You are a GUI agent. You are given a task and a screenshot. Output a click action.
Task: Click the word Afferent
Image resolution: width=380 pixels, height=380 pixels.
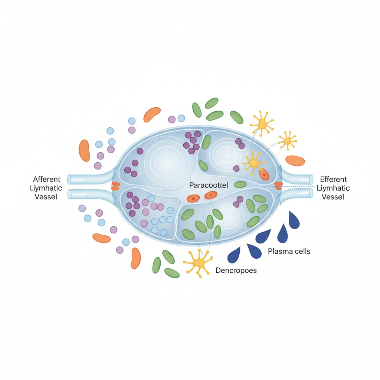[x=46, y=179]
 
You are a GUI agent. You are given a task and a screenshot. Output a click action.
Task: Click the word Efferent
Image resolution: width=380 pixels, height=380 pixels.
[x=333, y=179]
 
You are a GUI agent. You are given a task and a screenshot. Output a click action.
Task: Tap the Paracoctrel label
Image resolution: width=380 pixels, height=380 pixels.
[x=209, y=185]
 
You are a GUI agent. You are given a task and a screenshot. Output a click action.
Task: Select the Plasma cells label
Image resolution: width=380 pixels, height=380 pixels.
[x=289, y=251]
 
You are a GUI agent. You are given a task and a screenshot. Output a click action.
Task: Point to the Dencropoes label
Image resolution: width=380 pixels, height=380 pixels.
[x=236, y=270]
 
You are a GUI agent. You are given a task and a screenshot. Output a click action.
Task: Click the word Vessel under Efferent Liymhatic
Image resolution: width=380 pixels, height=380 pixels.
[x=333, y=197]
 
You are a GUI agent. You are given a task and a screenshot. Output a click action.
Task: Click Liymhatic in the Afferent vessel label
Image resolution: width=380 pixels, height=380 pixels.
[x=46, y=188]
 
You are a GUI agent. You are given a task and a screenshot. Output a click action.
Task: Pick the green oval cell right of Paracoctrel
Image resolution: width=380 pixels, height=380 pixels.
[x=240, y=184]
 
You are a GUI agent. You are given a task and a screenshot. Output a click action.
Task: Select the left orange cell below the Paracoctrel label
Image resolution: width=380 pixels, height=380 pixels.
[x=193, y=199]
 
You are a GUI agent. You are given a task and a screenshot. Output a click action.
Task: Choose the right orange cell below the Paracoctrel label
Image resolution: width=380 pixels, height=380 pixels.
[x=211, y=195]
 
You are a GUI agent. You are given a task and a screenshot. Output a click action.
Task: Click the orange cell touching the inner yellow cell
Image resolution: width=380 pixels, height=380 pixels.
[x=264, y=174]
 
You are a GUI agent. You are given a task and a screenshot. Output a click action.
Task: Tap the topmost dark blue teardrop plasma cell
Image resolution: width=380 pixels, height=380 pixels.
[x=294, y=220]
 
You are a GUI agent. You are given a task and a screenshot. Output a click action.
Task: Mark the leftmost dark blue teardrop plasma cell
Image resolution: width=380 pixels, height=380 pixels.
[x=234, y=255]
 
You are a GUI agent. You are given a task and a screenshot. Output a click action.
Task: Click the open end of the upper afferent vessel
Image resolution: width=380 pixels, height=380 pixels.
[x=69, y=179]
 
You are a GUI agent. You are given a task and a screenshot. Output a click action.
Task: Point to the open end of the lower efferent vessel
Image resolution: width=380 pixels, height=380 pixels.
[x=311, y=193]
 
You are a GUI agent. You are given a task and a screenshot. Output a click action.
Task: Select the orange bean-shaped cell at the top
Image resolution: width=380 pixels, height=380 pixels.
[x=152, y=114]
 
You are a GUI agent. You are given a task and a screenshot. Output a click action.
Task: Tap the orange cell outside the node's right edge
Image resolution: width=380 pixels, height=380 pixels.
[x=295, y=161]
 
